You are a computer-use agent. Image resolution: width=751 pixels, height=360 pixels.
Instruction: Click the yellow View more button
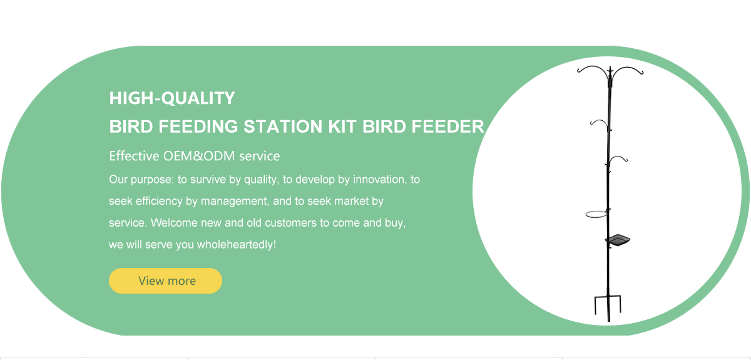[x=165, y=281]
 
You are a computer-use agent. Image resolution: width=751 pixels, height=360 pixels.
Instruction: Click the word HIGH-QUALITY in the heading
[x=172, y=98]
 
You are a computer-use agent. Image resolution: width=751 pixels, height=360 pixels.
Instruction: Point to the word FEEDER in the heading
[x=448, y=127]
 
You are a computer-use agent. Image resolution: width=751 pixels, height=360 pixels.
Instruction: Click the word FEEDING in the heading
[x=198, y=127]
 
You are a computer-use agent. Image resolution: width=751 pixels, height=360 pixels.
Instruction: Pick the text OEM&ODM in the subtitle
[x=199, y=156]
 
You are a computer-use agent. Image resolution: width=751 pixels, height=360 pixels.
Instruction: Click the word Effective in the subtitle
[x=134, y=156]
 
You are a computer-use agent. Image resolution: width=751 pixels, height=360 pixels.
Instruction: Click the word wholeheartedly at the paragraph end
[x=235, y=244]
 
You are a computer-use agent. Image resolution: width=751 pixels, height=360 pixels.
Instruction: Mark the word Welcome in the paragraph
[x=174, y=223]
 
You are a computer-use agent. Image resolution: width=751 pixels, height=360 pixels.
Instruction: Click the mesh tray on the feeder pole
[x=618, y=240]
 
